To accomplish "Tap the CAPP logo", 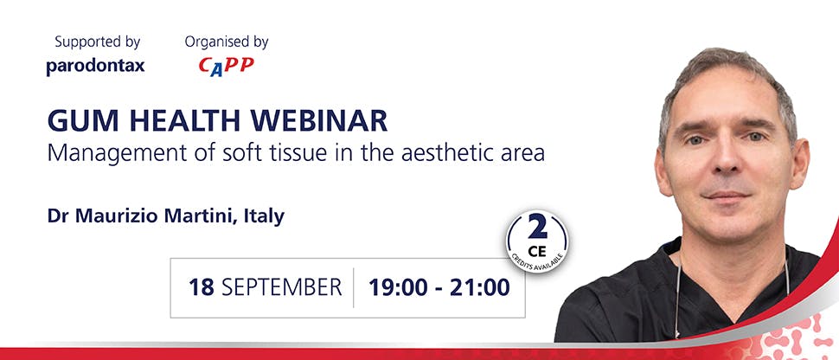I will pos(226,66).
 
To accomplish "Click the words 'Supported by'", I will pos(97,42).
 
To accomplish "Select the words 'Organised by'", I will pos(227,42).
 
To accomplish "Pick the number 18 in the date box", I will pos(202,287).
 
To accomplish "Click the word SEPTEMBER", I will pos(281,287).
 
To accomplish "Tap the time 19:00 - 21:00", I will pos(439,287).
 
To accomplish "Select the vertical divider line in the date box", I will pos(353,287).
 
